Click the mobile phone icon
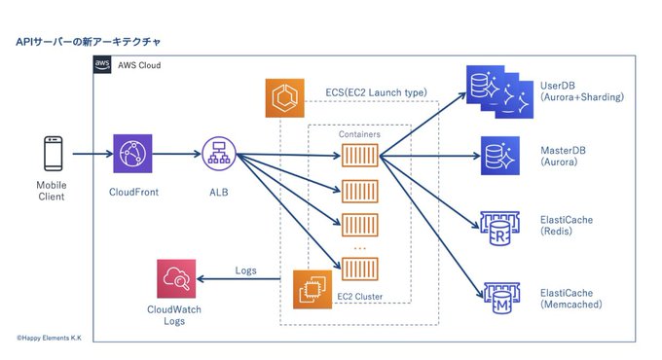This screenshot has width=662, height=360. tap(54, 154)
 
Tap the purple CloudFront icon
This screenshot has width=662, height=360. tap(132, 154)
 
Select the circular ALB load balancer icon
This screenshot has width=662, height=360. tap(219, 154)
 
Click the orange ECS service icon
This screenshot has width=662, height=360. tap(284, 98)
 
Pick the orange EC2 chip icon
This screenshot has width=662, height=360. tap(313, 290)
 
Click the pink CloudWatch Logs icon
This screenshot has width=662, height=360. tap(176, 279)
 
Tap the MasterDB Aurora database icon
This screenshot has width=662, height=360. tap(500, 156)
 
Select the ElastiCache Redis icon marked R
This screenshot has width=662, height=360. tap(499, 229)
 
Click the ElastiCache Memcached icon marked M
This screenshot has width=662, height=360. tap(502, 298)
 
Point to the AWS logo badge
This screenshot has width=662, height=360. tap(102, 64)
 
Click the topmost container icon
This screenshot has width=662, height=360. tap(359, 156)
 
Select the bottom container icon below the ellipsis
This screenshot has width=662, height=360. tap(359, 269)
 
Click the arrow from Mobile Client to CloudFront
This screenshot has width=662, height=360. tap(92, 154)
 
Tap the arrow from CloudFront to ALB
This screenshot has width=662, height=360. tap(177, 154)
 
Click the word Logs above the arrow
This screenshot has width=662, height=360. tap(245, 270)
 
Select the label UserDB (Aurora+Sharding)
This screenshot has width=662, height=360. tap(582, 91)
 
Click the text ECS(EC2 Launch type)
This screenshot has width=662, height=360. tap(376, 92)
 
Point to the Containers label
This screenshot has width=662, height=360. tap(359, 134)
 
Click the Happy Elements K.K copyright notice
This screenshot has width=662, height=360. tap(49, 338)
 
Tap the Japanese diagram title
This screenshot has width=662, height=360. tap(89, 42)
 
